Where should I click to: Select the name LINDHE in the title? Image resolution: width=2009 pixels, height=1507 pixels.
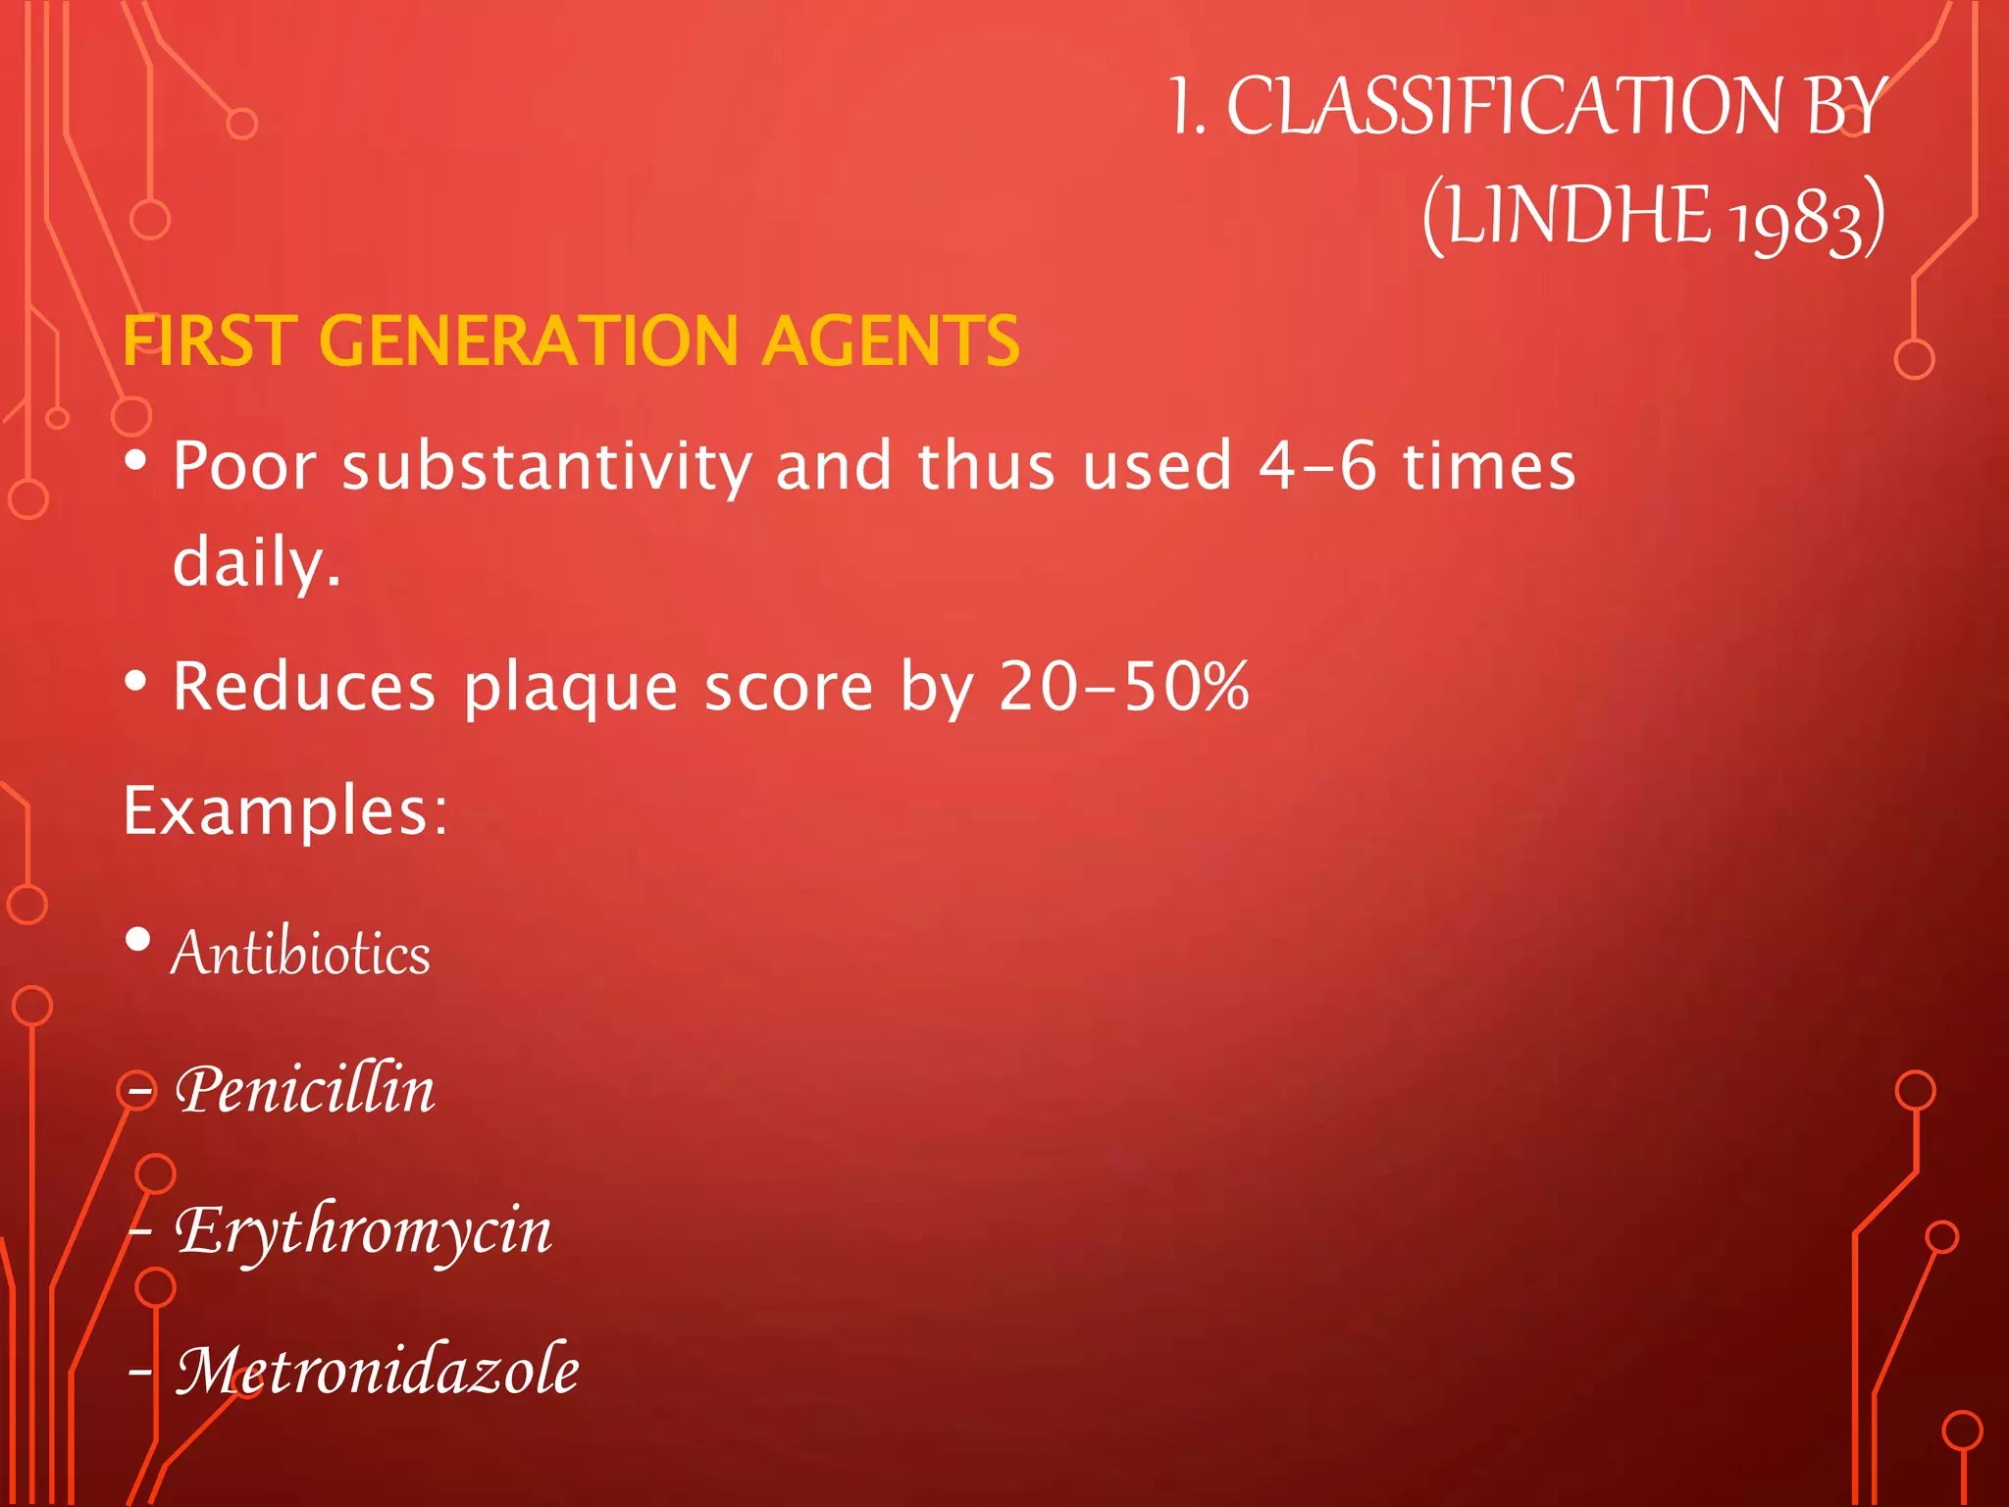point(1578,216)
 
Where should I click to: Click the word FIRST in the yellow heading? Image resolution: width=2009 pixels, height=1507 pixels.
point(210,341)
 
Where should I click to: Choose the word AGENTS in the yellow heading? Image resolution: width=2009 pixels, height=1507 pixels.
point(891,341)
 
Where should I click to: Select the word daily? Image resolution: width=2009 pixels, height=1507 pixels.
point(256,562)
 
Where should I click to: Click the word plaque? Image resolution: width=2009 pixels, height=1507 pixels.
point(570,688)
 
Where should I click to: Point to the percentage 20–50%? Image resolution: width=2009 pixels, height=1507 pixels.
point(1124,686)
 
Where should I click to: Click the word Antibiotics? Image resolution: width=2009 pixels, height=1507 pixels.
point(301,953)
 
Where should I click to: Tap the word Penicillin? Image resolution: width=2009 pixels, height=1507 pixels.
point(305,1090)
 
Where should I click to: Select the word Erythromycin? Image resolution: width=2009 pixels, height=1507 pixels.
point(363,1231)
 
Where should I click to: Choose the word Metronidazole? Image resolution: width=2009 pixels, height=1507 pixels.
point(378,1370)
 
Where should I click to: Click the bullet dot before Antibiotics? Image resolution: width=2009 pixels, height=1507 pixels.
point(138,939)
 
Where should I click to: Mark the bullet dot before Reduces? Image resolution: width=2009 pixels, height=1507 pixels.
point(136,680)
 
